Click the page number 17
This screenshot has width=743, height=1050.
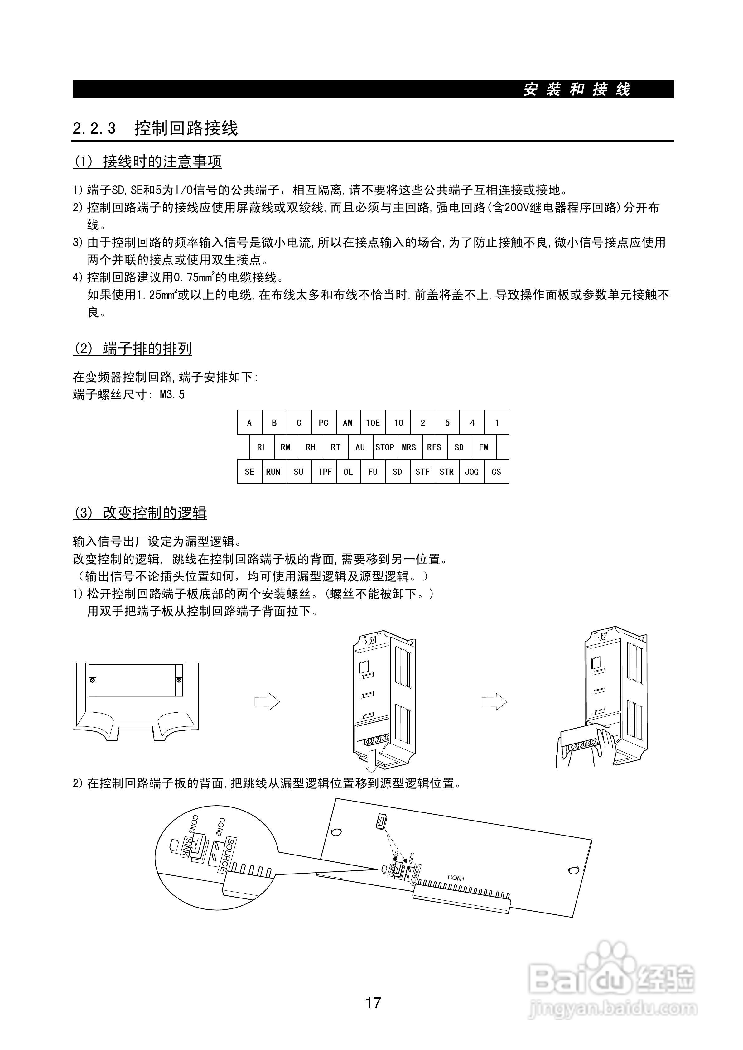(373, 1002)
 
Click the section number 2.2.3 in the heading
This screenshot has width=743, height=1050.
(94, 128)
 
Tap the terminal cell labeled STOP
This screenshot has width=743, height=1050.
(385, 447)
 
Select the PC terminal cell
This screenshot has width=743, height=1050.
(323, 423)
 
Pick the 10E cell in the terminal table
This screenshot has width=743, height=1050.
(373, 423)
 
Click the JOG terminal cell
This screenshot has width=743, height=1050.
(472, 472)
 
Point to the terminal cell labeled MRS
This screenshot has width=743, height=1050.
(409, 447)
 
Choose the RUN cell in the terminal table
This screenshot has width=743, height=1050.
(273, 472)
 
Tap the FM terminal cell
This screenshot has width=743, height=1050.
(484, 447)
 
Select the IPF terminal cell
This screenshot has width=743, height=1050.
(325, 472)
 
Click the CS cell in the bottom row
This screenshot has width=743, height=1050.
(496, 472)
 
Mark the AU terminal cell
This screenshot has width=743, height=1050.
(360, 447)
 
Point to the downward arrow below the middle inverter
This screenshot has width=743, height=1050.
(373, 761)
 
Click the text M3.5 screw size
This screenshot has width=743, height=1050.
(172, 395)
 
